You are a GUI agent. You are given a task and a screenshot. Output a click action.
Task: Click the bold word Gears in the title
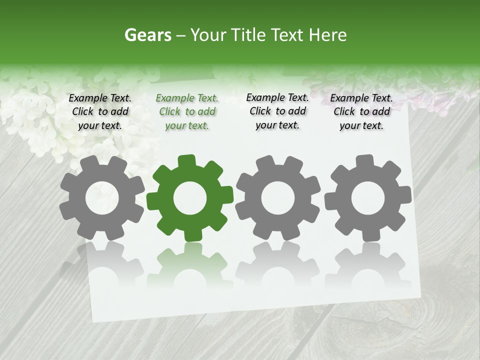tap(147, 35)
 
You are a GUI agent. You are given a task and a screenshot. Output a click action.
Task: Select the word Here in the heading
tap(328, 35)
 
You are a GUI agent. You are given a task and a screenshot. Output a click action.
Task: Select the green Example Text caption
tap(187, 112)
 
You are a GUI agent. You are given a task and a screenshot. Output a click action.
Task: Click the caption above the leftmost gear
tap(100, 111)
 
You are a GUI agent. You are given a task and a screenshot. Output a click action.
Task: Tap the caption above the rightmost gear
tap(361, 111)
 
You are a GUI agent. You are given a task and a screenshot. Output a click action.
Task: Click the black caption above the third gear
tap(277, 111)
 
